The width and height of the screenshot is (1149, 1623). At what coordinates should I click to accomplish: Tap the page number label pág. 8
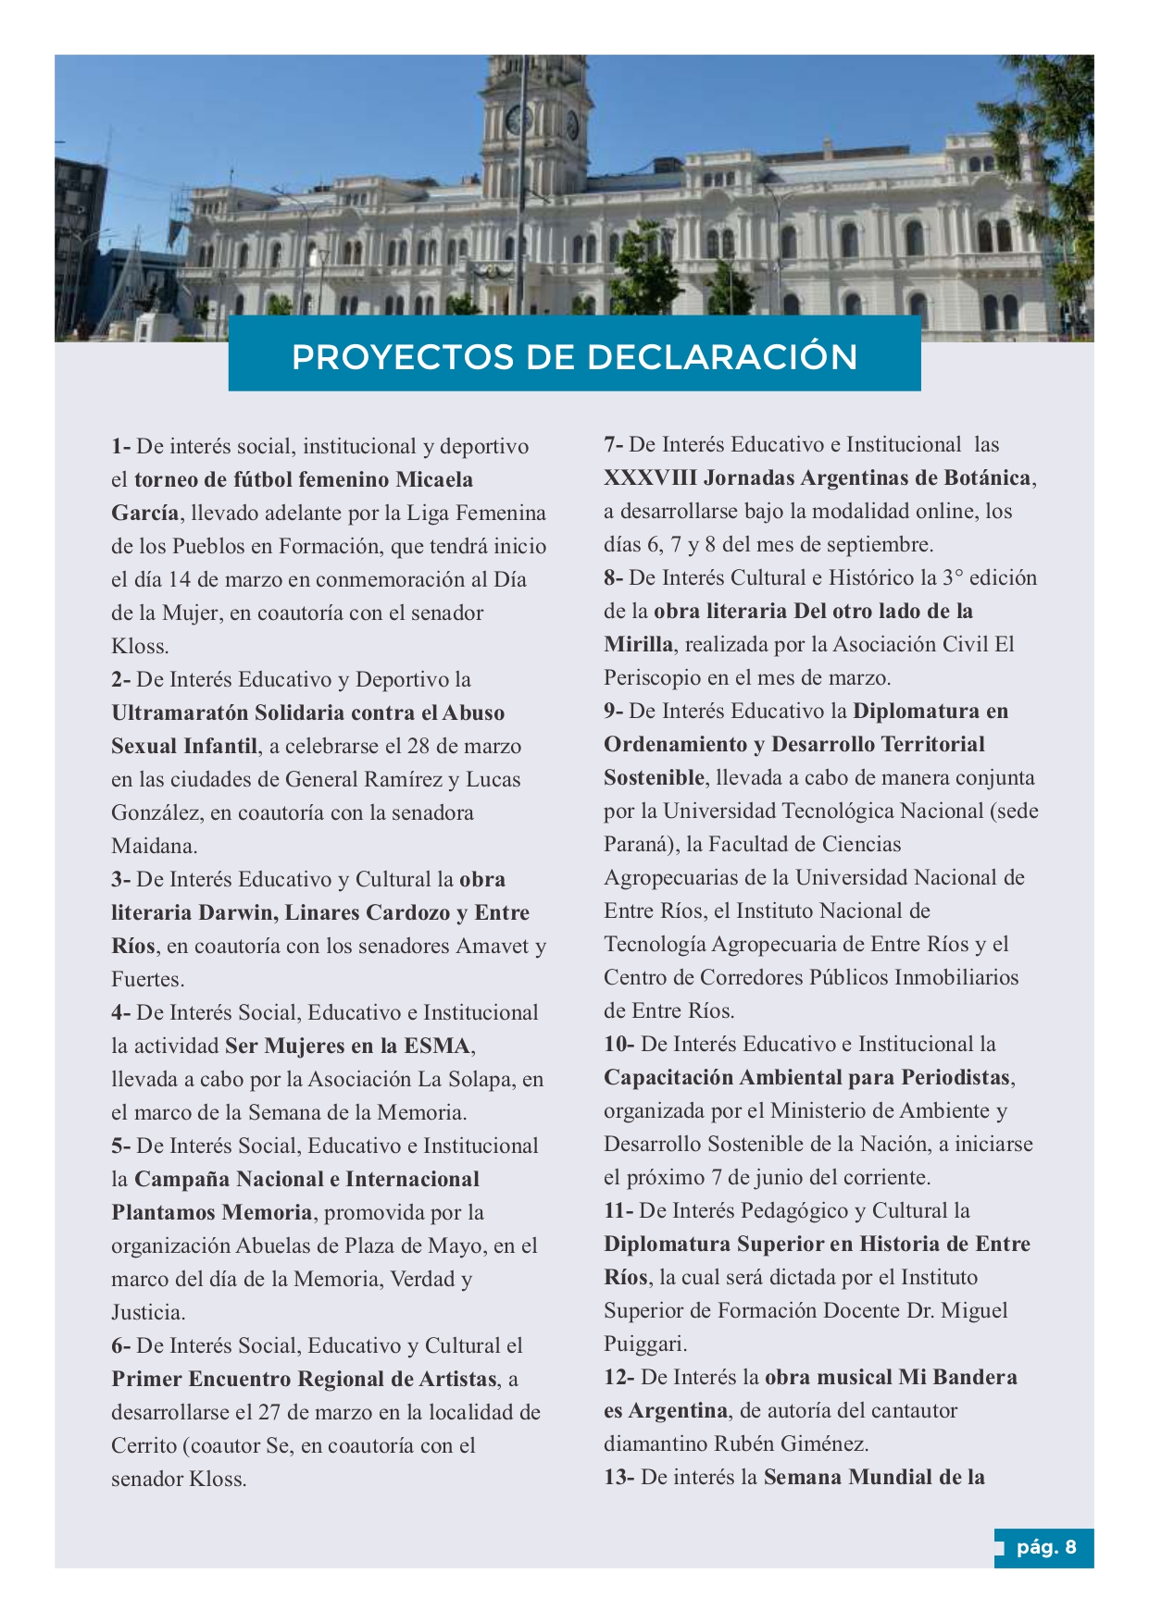(1046, 1547)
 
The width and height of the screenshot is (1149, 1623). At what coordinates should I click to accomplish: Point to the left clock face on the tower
(518, 120)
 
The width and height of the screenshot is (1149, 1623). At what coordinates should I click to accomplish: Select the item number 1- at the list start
(121, 447)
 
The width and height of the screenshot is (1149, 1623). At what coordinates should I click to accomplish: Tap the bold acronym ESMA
(437, 1047)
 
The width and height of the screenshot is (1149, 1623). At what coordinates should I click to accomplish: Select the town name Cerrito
(144, 1446)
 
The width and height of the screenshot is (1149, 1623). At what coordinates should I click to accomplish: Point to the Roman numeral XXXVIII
(650, 478)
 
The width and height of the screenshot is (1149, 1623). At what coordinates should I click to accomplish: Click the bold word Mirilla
(638, 645)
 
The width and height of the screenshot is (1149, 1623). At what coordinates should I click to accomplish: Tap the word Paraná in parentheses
(636, 845)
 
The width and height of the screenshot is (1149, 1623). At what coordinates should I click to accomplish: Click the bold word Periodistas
(955, 1078)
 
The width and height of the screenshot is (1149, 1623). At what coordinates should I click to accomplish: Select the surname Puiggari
(644, 1344)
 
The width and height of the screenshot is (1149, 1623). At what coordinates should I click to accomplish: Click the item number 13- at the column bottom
(618, 1478)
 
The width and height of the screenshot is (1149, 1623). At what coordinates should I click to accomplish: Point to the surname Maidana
(154, 847)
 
